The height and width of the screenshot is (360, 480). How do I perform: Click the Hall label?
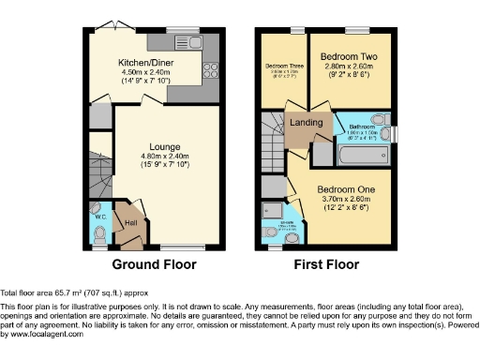click(131, 222)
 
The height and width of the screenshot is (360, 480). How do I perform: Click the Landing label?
click(307, 122)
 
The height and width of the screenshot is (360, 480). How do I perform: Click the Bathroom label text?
click(364, 126)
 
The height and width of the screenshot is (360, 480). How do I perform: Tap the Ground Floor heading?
click(154, 264)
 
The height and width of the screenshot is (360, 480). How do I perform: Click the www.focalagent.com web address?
click(42, 334)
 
